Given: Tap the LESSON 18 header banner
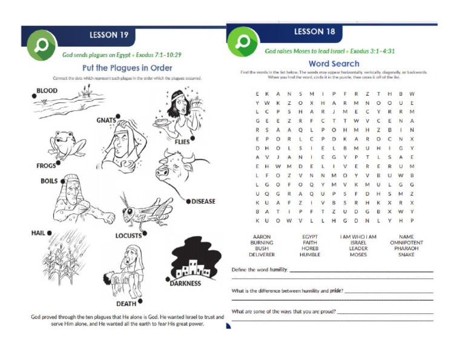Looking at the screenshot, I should click(x=314, y=32).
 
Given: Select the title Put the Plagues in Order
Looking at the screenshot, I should click(x=127, y=68).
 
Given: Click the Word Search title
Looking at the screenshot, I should click(x=334, y=63).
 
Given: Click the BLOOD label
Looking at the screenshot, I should click(x=47, y=91).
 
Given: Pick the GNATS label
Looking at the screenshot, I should click(x=105, y=120).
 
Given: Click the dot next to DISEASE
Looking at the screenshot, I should click(x=188, y=201).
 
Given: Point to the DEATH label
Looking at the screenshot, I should click(x=126, y=304).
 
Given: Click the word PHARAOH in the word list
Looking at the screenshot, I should click(x=406, y=248).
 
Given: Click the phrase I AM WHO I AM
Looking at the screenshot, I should click(x=358, y=236).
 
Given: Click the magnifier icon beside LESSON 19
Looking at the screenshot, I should click(x=42, y=45).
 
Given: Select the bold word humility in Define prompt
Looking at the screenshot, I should click(x=279, y=268).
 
